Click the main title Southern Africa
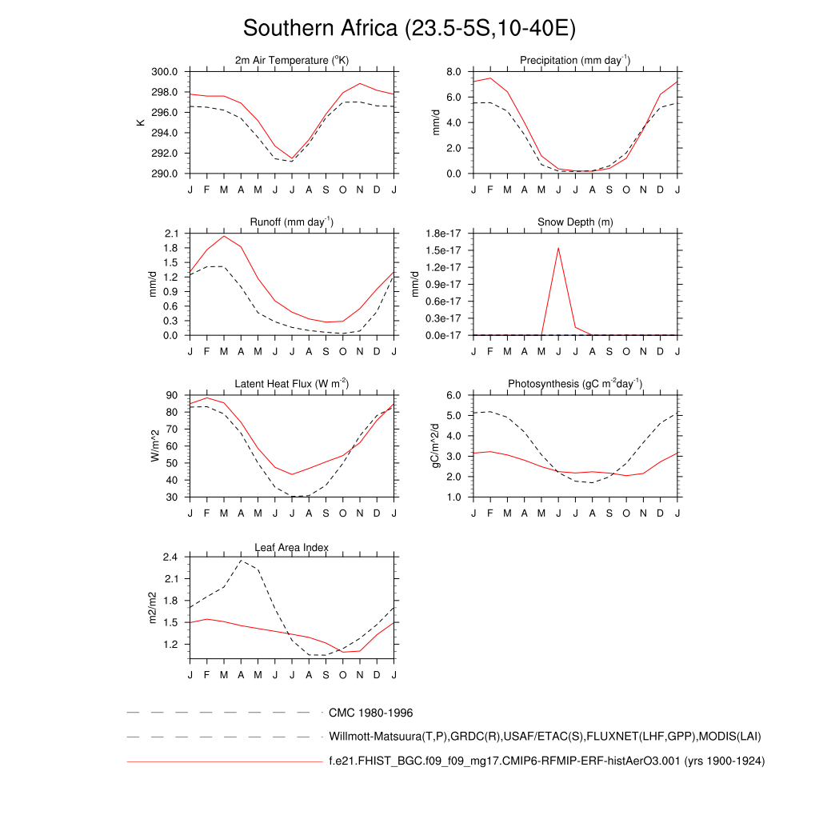[x=409, y=29]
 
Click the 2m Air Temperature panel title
[x=292, y=61]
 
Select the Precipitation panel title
[x=574, y=61]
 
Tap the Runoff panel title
[x=292, y=222]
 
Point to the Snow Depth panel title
[x=575, y=222]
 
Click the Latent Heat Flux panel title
[x=292, y=384]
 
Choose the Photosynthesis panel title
[x=575, y=384]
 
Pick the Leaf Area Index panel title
[x=292, y=547]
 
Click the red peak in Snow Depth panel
[x=558, y=248]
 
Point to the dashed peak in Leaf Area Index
[x=241, y=561]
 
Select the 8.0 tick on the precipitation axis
[x=453, y=72]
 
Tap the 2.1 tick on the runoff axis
[x=170, y=234]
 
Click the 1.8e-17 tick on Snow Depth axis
[x=444, y=234]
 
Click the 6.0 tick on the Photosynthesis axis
[x=453, y=395]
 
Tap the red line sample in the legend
[x=223, y=762]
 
